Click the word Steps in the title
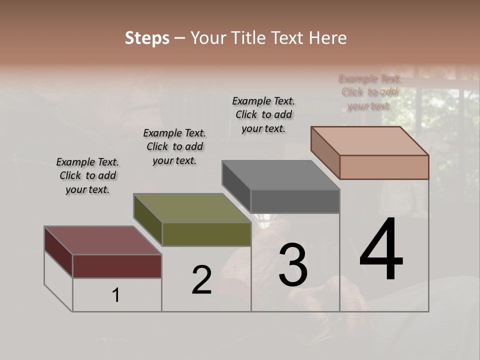tap(147, 38)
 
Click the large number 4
tap(381, 250)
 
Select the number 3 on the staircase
tap(293, 265)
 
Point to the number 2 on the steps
tap(201, 280)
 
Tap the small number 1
tap(116, 295)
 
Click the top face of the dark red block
tap(102, 240)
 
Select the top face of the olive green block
tap(192, 208)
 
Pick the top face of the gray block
tap(280, 175)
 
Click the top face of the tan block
tap(370, 141)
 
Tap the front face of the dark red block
tap(117, 266)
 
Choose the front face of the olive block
tap(206, 234)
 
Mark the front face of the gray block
tap(295, 201)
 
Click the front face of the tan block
tap(384, 167)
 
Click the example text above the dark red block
tap(87, 175)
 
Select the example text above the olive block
tap(174, 146)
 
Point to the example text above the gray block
tap(263, 114)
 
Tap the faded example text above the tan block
tap(369, 92)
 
